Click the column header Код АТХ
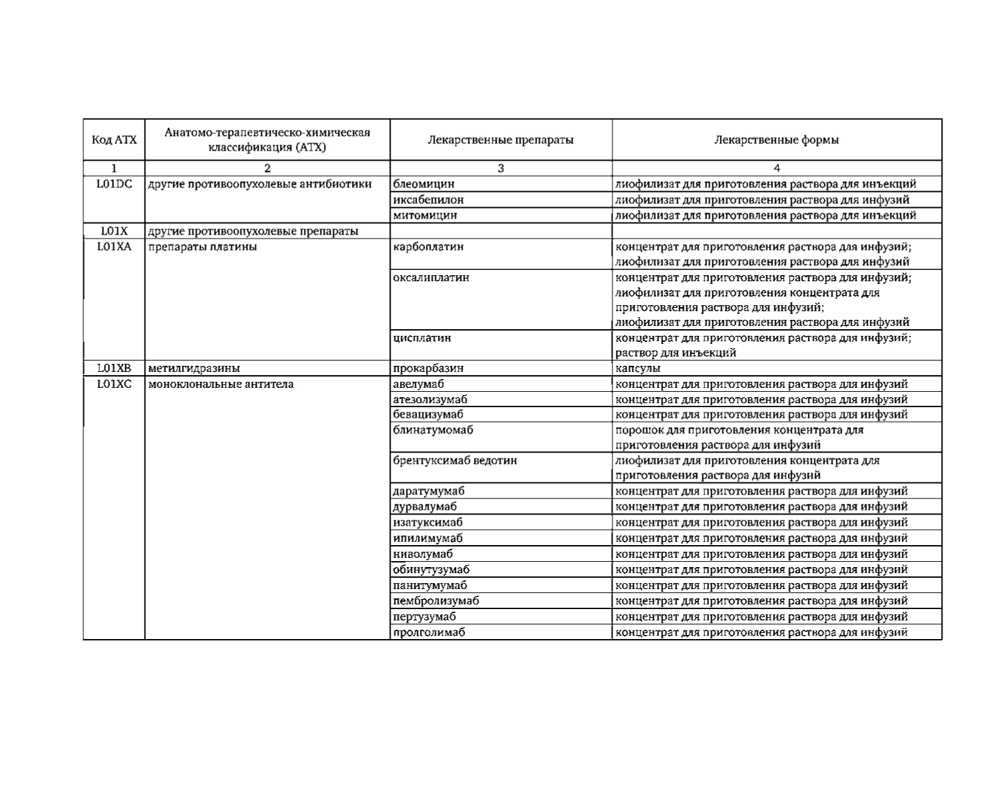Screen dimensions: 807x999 pyautogui.click(x=114, y=140)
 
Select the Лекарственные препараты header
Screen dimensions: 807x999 pyautogui.click(x=500, y=140)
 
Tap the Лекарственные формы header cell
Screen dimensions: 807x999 pyautogui.click(x=776, y=140)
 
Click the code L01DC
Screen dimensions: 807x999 pyautogui.click(x=114, y=184)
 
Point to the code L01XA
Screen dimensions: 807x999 pyautogui.click(x=114, y=247)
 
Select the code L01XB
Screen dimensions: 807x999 pyautogui.click(x=114, y=368)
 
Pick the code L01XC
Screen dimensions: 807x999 pyautogui.click(x=114, y=384)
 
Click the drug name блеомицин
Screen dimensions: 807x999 pyautogui.click(x=424, y=184)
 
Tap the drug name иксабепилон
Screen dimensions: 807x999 pyautogui.click(x=429, y=199)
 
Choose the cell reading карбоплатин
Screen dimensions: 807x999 pyautogui.click(x=429, y=247)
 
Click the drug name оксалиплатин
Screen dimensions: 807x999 pyautogui.click(x=431, y=277)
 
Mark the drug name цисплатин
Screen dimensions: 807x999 pyautogui.click(x=423, y=338)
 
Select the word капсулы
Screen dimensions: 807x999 pyautogui.click(x=638, y=368)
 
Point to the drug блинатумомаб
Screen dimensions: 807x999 pyautogui.click(x=433, y=430)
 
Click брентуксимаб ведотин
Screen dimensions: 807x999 pyautogui.click(x=455, y=460)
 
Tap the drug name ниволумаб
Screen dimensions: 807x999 pyautogui.click(x=423, y=554)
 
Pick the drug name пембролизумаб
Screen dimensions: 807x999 pyautogui.click(x=437, y=600)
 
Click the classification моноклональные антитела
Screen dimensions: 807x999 pyautogui.click(x=221, y=384)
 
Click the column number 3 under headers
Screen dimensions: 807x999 pyautogui.click(x=500, y=169)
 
